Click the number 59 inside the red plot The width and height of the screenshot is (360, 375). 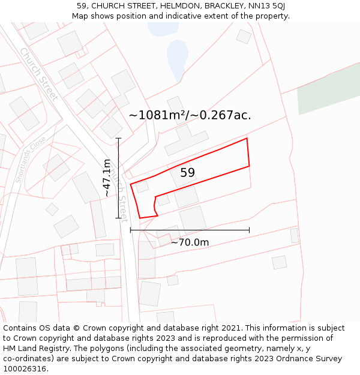tap(187, 173)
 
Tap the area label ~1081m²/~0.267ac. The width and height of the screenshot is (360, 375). tap(190, 115)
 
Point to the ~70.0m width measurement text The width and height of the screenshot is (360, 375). tap(190, 242)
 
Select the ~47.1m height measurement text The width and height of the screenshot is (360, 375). tap(107, 178)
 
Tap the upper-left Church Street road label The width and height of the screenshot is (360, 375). tap(38, 74)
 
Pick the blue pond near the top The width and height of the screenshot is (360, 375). tap(178, 58)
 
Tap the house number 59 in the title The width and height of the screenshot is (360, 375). tap(82, 6)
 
